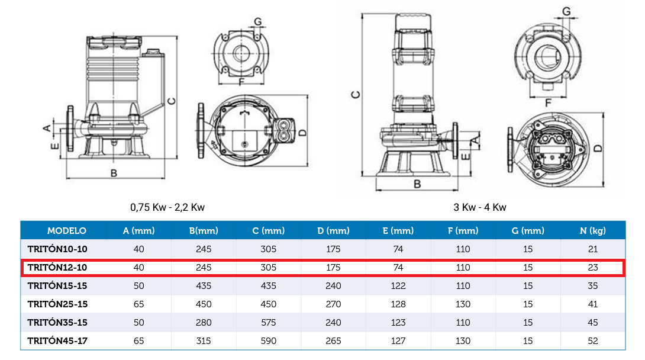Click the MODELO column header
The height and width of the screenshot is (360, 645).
[x=67, y=231]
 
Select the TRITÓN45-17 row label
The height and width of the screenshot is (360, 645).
[x=57, y=340]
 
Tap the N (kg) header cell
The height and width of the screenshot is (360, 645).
[x=593, y=231]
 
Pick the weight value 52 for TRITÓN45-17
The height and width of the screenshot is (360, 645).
[x=593, y=340]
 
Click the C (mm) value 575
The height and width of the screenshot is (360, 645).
[x=269, y=323]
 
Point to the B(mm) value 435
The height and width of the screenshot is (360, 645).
[x=204, y=286]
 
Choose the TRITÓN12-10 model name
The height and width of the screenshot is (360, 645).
[x=57, y=268]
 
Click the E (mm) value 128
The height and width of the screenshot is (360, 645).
[x=398, y=304]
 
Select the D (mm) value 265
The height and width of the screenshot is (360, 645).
[x=333, y=340]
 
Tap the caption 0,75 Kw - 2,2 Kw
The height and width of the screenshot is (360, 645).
[x=167, y=207]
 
